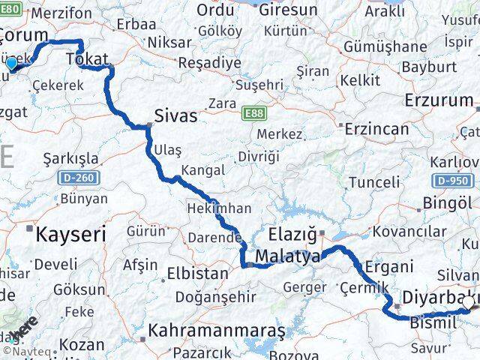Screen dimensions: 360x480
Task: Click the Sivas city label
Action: [x=176, y=116]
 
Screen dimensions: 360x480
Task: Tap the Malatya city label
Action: [x=287, y=257]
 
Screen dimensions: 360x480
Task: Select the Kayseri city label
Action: [x=71, y=233]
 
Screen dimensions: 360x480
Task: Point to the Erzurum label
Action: [x=439, y=100]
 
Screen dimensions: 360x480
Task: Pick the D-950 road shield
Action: [x=452, y=181]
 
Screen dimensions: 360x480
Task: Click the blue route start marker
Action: [x=11, y=64]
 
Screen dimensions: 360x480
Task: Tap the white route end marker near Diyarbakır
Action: [x=469, y=302]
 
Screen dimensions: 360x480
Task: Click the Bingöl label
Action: [x=448, y=203]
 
